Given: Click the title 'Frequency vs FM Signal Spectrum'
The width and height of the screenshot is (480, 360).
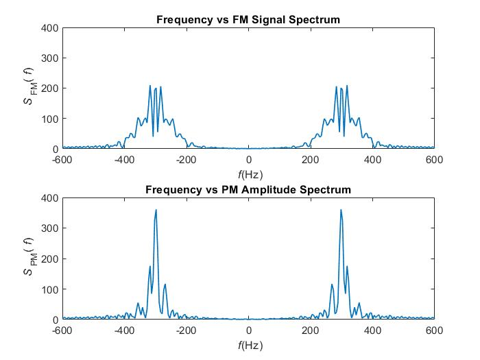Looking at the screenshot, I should pos(248,20).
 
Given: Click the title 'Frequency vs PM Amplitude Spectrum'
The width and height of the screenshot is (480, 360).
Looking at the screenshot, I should pos(248,189).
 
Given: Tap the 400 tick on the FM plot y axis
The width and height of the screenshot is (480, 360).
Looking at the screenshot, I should pos(50,28).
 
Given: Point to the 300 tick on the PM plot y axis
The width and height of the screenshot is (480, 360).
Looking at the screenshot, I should pos(50,228).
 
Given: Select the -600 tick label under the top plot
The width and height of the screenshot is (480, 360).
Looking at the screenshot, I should pos(62,160).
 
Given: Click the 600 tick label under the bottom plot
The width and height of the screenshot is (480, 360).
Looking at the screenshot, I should pos(434,330).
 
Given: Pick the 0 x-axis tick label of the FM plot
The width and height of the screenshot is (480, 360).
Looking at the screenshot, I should pos(248,160).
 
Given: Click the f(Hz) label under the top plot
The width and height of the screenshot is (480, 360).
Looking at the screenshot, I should pos(248,173).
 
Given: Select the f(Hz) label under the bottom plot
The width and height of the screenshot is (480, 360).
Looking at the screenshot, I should pos(248,344).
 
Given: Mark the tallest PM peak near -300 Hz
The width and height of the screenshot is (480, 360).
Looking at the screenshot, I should pos(156,211).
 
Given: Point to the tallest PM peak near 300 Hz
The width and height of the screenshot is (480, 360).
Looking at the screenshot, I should pos(341,211).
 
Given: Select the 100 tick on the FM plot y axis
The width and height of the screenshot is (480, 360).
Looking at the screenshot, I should pos(50,119).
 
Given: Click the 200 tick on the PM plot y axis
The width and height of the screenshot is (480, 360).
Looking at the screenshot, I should pos(50,259).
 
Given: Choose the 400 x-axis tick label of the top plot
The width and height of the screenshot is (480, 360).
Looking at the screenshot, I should pos(372,160).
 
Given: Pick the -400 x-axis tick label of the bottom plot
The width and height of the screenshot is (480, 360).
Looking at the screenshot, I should pos(124,330).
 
